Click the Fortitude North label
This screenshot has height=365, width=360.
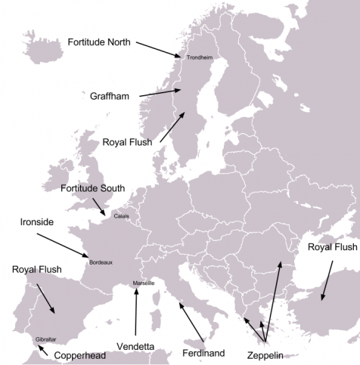pyautogui.click(x=99, y=42)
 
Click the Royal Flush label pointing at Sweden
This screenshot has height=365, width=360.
pyautogui.click(x=127, y=141)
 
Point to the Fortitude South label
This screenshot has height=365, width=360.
pyautogui.click(x=92, y=188)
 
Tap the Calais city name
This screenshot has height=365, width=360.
pyautogui.click(x=121, y=217)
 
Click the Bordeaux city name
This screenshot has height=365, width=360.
pyautogui.click(x=101, y=263)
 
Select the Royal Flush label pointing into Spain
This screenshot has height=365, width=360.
pyautogui.click(x=36, y=269)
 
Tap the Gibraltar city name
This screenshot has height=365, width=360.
pyautogui.click(x=45, y=339)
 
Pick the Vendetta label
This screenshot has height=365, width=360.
pyautogui.click(x=136, y=347)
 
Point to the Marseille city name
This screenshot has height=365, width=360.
pyautogui.click(x=144, y=283)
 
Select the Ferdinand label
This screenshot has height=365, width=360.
pyautogui.click(x=204, y=352)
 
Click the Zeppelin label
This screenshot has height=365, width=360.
pyautogui.click(x=265, y=354)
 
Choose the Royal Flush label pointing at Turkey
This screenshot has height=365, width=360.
pyautogui.click(x=334, y=247)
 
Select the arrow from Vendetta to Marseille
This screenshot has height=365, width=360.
pyautogui.click(x=136, y=313)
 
